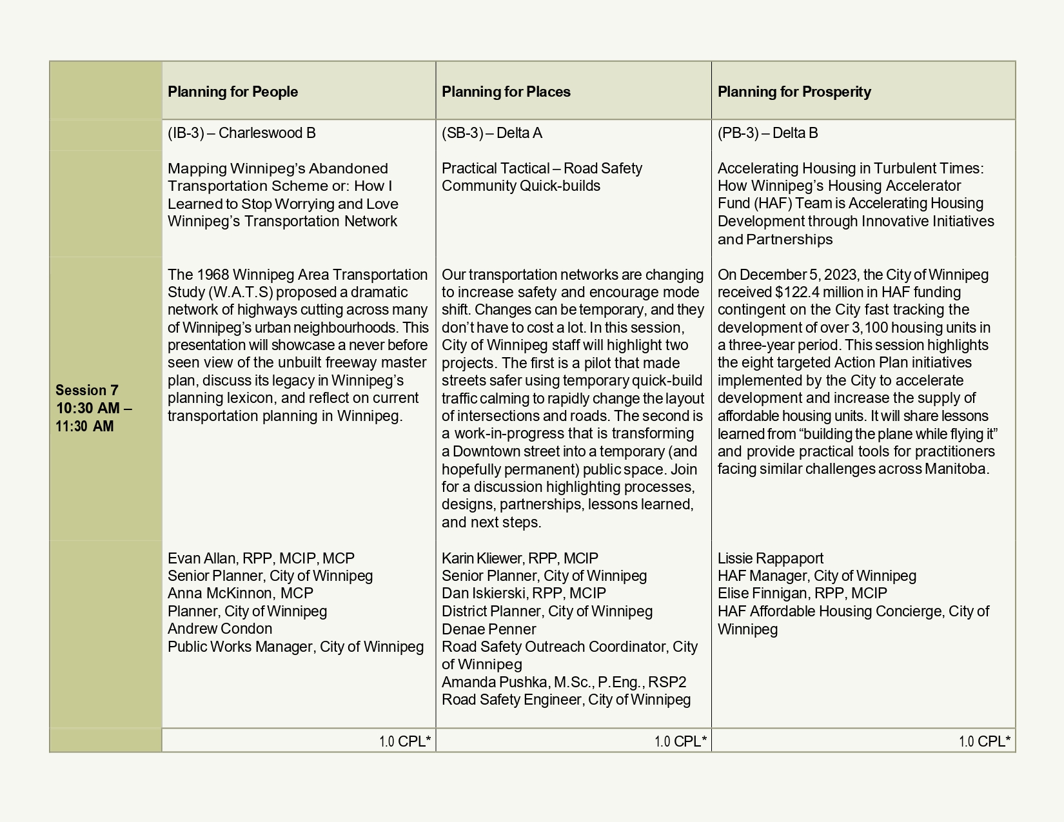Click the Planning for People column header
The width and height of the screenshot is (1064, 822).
click(233, 92)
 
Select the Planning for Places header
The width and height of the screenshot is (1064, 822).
click(506, 92)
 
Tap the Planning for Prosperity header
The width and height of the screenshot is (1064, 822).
click(794, 92)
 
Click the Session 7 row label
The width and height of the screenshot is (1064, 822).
click(87, 391)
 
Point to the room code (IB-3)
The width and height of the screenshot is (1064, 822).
click(186, 133)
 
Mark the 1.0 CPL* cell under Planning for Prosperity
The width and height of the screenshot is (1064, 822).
click(984, 741)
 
